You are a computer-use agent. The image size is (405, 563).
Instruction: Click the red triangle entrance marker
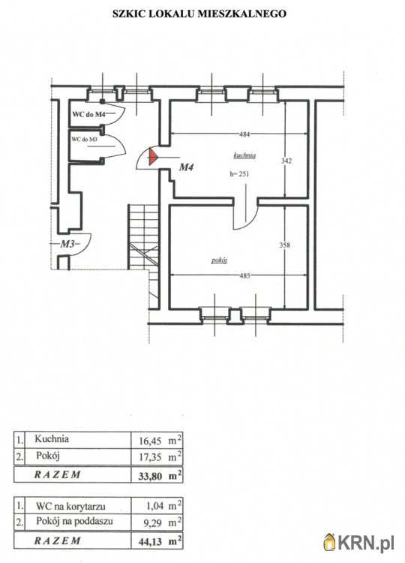(x=152, y=157)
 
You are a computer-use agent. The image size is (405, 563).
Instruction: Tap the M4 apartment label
(x=187, y=167)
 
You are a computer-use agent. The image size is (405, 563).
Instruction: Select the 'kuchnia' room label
(x=244, y=155)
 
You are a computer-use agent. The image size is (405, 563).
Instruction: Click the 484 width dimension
(x=244, y=134)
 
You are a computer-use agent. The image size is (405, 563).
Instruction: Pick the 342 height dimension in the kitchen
(x=286, y=161)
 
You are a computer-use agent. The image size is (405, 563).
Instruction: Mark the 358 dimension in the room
(x=284, y=245)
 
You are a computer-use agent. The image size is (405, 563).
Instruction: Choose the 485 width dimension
(x=244, y=275)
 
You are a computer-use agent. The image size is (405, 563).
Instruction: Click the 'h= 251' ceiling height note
(x=239, y=174)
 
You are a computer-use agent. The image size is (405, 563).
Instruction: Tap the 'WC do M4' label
(x=89, y=115)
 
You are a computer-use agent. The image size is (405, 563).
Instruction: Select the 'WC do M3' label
(x=84, y=140)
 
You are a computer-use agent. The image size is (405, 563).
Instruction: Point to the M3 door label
(x=67, y=244)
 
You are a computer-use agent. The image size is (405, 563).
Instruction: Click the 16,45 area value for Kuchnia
(x=150, y=441)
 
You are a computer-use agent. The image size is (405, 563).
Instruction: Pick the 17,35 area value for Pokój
(x=150, y=457)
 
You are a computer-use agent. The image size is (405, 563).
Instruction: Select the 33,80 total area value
(x=150, y=477)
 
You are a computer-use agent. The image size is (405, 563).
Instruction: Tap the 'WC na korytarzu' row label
(x=70, y=506)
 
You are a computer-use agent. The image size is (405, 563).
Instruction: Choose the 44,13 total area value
(x=150, y=542)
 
